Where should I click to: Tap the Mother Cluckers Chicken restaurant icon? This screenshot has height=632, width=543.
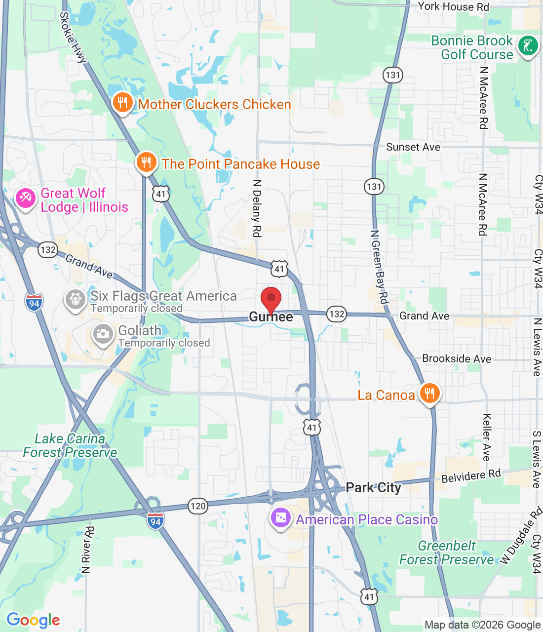coord(122,103)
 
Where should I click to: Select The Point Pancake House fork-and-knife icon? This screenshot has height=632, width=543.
coord(146,162)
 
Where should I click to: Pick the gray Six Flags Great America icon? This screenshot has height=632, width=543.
coord(76,299)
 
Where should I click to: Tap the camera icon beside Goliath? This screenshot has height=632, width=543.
coord(103,334)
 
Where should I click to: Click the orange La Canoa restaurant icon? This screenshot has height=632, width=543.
coord(429,394)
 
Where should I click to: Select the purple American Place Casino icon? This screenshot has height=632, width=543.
coord(280,518)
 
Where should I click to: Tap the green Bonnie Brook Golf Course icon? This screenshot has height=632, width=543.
coord(528,46)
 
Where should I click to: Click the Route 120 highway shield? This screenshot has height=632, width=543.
coord(197,506)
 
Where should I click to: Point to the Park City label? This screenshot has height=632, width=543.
coord(373,488)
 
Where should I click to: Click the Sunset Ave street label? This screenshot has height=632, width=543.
coord(413,147)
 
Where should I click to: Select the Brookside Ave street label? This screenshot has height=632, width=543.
coord(457,359)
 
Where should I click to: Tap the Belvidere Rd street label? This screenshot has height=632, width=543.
coord(471,476)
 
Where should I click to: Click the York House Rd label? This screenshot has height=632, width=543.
coord(453,6)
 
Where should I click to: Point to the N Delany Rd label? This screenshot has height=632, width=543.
coord(257,208)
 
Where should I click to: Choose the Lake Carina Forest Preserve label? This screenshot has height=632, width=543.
coord(70,445)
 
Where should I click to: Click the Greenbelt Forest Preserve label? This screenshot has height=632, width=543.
coord(446,553)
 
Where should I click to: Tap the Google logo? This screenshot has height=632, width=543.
coord(33,620)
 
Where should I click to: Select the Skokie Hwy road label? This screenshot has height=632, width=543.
coord(73,38)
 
